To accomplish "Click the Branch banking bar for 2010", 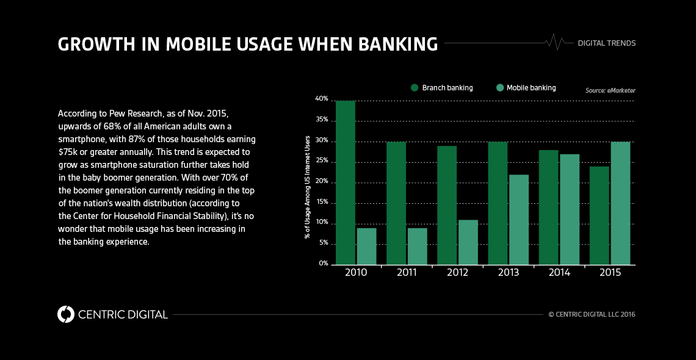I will point(346,183).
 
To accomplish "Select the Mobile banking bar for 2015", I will point(620,203).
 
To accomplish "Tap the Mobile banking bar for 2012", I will point(468,242).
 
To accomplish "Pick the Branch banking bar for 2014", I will point(548,207).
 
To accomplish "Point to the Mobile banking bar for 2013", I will point(518,220).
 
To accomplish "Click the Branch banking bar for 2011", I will point(396,203).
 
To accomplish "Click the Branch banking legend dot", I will point(415,88).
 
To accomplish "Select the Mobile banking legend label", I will point(531,88).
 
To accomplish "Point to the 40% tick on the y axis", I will point(321,99).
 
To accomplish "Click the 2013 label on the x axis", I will point(508,273).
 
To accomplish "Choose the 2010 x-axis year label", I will point(356,273).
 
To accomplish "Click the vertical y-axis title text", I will point(308,187).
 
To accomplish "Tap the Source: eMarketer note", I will point(610,90).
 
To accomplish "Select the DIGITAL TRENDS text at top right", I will point(606,43).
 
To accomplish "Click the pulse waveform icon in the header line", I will point(554,42).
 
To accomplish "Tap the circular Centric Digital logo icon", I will point(65,314).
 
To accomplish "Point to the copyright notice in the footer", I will point(592,315).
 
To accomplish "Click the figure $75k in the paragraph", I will point(68,151).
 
